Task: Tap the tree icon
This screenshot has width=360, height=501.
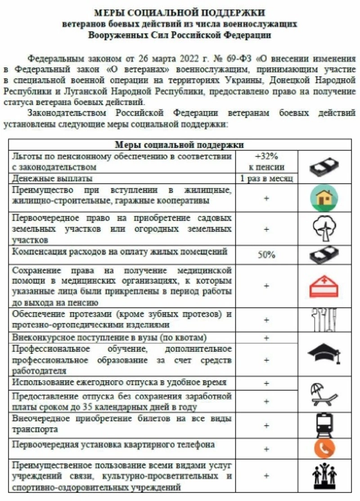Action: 324,228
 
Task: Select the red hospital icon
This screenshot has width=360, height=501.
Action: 324,285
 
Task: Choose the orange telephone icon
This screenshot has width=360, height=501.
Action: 324,448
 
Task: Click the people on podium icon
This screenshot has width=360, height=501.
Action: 324,475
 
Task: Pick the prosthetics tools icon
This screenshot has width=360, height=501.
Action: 324,319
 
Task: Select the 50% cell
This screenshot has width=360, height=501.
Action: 266,255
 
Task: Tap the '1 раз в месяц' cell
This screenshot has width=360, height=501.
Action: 266,179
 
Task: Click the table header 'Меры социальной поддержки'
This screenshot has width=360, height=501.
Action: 180,144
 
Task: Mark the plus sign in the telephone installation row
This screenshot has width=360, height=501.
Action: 266,449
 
